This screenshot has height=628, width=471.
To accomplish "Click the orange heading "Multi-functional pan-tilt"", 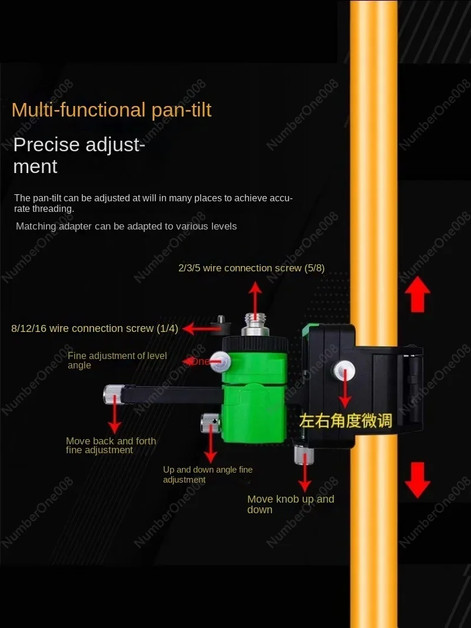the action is click(x=111, y=110).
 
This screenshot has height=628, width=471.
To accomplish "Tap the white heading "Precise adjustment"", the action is click(x=78, y=155).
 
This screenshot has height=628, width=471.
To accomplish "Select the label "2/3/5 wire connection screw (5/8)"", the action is click(x=251, y=268).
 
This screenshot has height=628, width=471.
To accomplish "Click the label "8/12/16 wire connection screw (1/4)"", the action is click(x=94, y=328).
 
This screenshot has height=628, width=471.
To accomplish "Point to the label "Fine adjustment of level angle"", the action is click(x=117, y=360).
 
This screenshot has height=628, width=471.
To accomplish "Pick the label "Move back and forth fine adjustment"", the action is click(x=111, y=446).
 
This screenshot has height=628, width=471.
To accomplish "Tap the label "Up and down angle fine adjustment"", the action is click(x=207, y=474).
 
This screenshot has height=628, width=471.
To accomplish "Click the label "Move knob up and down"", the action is click(x=290, y=504).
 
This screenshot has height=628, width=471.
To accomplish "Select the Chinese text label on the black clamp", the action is click(x=345, y=420).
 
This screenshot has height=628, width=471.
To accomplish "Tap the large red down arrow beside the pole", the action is click(x=417, y=480).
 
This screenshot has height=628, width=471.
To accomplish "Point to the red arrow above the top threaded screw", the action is click(x=254, y=298).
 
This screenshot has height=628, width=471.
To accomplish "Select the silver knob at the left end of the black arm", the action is click(x=113, y=394).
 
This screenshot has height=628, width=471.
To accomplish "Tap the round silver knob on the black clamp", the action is click(x=343, y=370).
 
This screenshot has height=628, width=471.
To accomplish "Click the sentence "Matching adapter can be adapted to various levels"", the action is click(x=126, y=226).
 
